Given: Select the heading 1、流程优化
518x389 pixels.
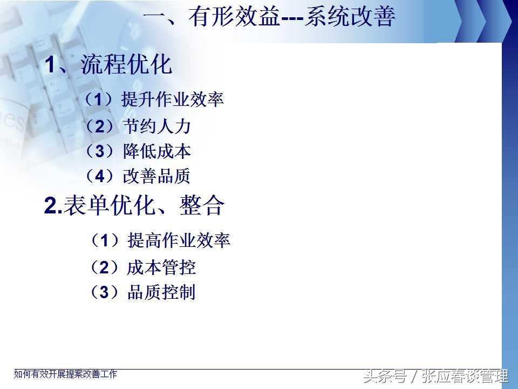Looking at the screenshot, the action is [108, 64].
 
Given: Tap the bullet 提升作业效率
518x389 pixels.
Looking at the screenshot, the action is [173, 99].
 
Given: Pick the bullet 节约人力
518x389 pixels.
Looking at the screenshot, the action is [157, 126].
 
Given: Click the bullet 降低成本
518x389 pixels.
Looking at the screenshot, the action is [157, 151].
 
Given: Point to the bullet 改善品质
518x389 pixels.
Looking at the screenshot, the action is [156, 176].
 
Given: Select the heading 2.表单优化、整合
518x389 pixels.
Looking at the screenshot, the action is [134, 205].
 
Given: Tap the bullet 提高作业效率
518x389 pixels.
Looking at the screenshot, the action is [179, 240].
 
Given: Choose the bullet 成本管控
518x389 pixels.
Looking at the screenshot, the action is [161, 267].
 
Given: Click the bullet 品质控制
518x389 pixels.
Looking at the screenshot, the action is [161, 292].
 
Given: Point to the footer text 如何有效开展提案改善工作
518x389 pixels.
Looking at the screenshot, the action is [65, 374].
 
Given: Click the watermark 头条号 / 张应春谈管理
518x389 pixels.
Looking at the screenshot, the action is [436, 376].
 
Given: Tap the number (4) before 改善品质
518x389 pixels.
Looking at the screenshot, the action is [100, 176].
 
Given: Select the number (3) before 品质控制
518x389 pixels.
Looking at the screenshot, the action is [104, 292].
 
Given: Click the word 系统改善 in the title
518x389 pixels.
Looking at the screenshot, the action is [350, 16].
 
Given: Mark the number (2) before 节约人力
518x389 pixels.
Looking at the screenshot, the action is [100, 126].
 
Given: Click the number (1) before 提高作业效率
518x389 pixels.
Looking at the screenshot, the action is [104, 240].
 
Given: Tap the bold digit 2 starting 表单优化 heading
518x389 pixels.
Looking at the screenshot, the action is [51, 206].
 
